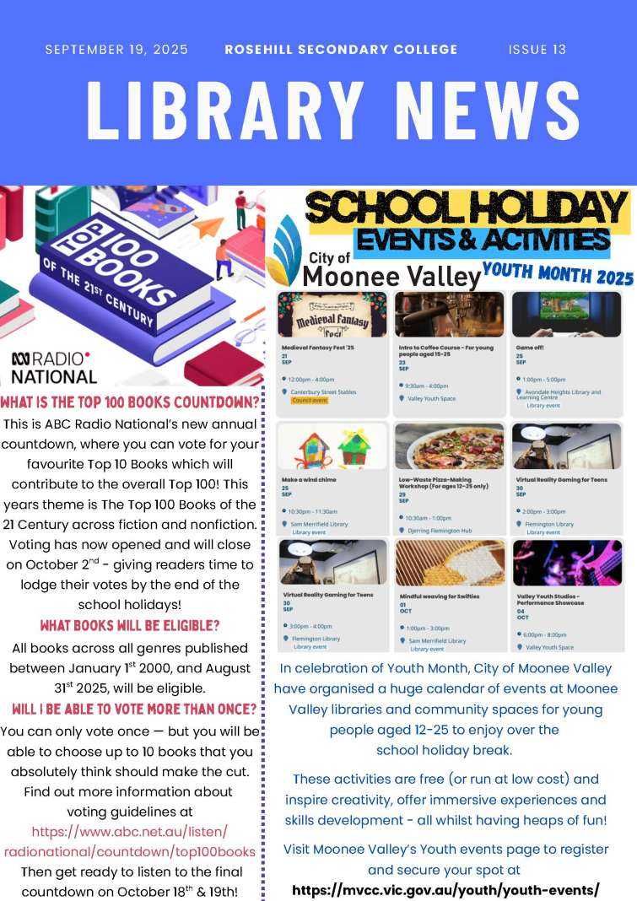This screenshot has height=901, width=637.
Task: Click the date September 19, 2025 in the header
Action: (116, 50)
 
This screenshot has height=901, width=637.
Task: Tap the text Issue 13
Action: (537, 50)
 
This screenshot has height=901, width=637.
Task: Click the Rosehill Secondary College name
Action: (341, 50)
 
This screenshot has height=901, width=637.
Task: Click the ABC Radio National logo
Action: (53, 367)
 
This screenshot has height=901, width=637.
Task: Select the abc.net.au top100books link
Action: (129, 841)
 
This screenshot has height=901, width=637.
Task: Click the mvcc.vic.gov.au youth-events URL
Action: (445, 890)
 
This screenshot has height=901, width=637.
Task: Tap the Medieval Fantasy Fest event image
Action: (332, 315)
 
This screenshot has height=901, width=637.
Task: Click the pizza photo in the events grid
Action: (449, 446)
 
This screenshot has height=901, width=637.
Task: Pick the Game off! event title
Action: (531, 347)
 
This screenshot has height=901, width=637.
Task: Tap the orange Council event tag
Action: (309, 401)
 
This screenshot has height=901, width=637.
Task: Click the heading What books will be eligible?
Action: (129, 626)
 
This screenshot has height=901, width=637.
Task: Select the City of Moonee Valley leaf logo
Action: (283, 251)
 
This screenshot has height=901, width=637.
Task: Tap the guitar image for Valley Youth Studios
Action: (566, 563)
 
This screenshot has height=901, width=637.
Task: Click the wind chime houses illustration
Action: (332, 446)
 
